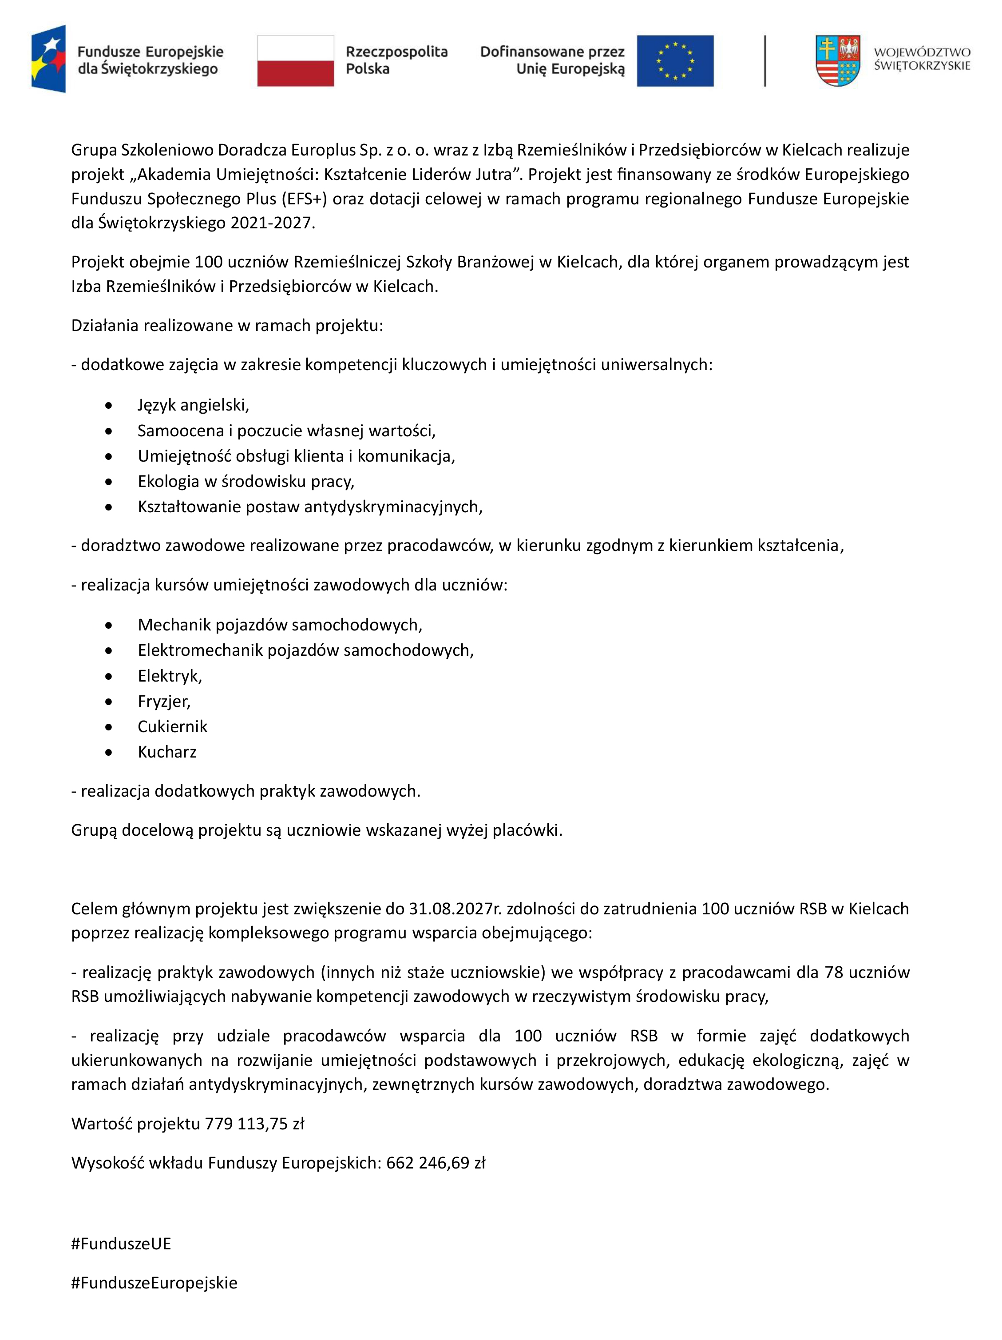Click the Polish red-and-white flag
pyautogui.click(x=296, y=60)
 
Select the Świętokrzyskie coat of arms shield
pyautogui.click(x=837, y=60)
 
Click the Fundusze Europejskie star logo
pyautogui.click(x=49, y=59)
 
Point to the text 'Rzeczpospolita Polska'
pyautogui.click(x=396, y=60)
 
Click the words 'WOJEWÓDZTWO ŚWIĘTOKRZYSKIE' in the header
pyautogui.click(x=922, y=59)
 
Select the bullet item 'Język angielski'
pyautogui.click(x=193, y=405)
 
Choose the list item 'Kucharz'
pyautogui.click(x=167, y=752)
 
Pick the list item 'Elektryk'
pyautogui.click(x=170, y=675)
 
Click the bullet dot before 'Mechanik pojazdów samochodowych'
pyautogui.click(x=108, y=625)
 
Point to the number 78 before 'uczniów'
pyautogui.click(x=834, y=972)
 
